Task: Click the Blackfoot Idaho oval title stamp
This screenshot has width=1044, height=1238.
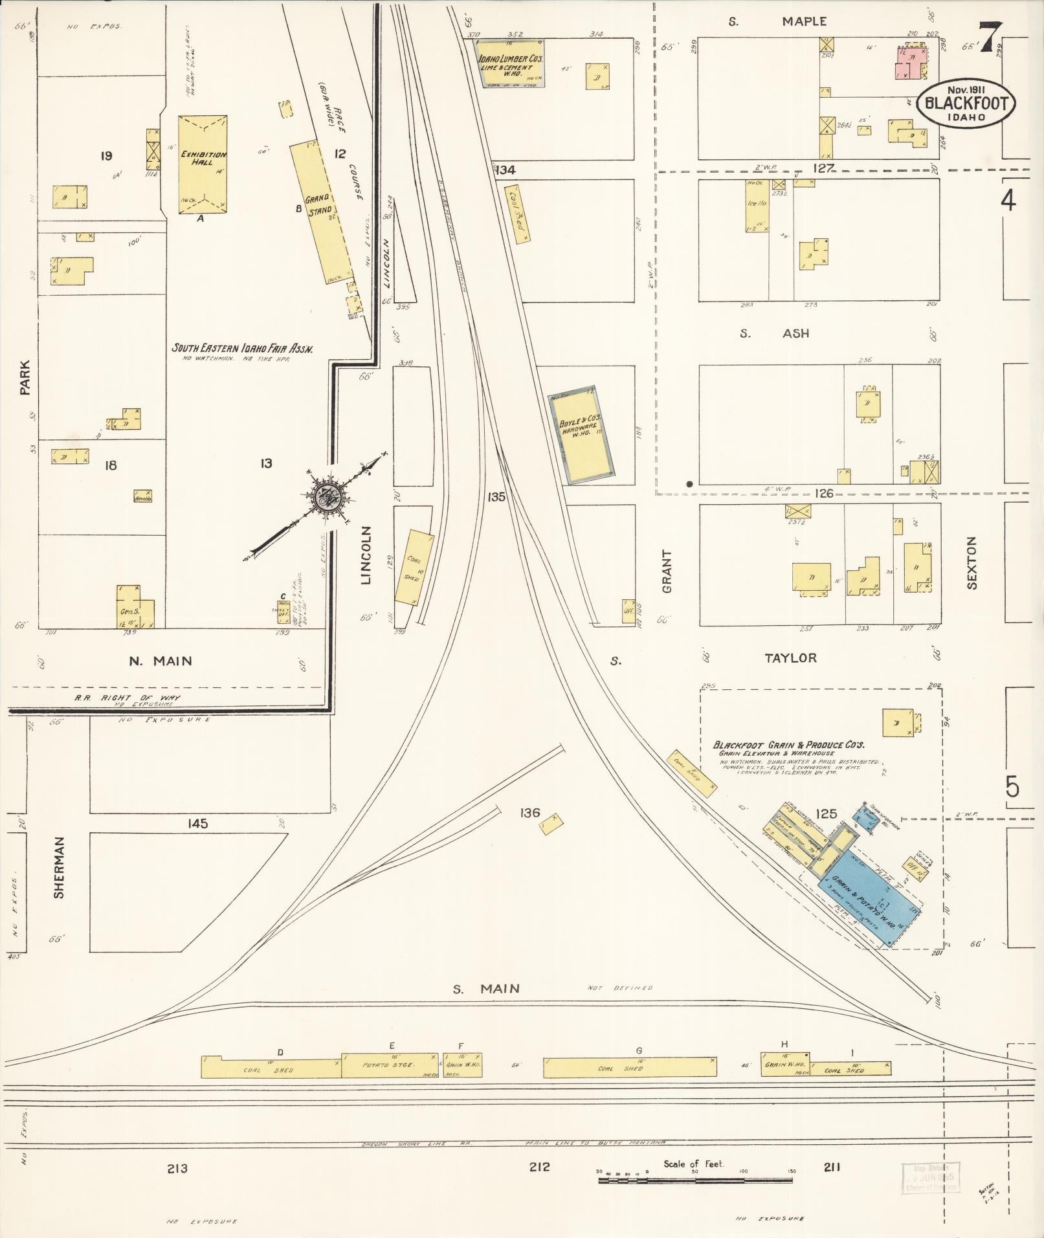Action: pyautogui.click(x=965, y=104)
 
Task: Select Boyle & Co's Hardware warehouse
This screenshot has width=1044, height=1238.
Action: pyautogui.click(x=581, y=435)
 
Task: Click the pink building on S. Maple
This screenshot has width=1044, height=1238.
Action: pyautogui.click(x=909, y=63)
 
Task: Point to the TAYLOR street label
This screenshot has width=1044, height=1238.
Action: pyautogui.click(x=790, y=658)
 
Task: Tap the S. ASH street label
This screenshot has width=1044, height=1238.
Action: pyautogui.click(x=775, y=333)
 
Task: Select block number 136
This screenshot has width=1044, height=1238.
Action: pyautogui.click(x=529, y=812)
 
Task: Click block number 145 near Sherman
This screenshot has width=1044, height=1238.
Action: pyautogui.click(x=197, y=823)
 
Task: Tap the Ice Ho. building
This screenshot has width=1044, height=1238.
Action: pyautogui.click(x=755, y=206)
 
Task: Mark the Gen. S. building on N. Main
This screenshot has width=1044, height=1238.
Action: pyautogui.click(x=135, y=608)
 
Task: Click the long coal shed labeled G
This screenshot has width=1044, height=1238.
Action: pyautogui.click(x=629, y=1068)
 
